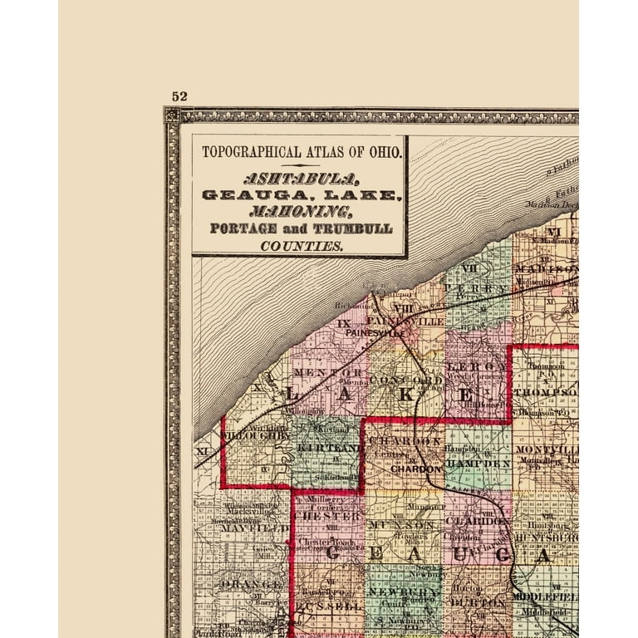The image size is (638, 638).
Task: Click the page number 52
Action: pos(179,96)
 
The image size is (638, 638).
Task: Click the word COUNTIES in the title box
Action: pos(301,246)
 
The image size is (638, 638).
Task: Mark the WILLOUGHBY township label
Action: pos(258,434)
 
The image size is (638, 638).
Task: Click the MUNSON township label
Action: pos(403,526)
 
